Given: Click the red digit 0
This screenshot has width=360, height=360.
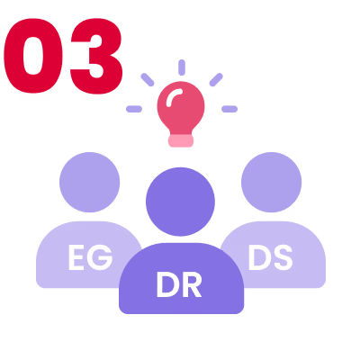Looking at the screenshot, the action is pos(33,56).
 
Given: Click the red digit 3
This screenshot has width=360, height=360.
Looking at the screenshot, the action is pos(96,56).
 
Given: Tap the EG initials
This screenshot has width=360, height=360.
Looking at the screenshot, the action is pos(90,257).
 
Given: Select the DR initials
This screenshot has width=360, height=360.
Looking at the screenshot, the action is pos(179,284).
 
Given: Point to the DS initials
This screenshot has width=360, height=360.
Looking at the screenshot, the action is pos(270,257).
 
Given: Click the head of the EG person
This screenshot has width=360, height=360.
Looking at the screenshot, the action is pos(90,182).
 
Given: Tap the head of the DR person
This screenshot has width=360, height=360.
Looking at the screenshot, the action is pos(180,202).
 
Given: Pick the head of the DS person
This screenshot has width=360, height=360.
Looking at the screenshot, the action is pos(272,182).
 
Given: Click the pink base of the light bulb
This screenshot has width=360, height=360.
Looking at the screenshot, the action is pos(181,141).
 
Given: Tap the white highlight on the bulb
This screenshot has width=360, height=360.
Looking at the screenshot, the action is pos(174,96).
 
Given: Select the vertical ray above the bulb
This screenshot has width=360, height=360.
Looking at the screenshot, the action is pos(182,67).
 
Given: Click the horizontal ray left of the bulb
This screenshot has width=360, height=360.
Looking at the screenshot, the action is pos(134,109).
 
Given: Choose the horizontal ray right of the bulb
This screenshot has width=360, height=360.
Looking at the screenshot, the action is pos(229,109).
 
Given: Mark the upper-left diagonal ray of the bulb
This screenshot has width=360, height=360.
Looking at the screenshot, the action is pos(148,80).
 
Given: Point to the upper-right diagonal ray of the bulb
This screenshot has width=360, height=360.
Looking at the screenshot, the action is pos(216,80).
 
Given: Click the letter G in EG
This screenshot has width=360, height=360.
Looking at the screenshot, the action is pos(101,257).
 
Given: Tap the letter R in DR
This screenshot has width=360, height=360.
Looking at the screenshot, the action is pos(191,285).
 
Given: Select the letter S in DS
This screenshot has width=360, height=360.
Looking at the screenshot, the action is pos(283,257).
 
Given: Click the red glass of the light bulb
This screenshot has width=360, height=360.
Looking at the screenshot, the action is pos(181,108).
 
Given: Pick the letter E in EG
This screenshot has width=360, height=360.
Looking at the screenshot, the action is pos(76,257).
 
